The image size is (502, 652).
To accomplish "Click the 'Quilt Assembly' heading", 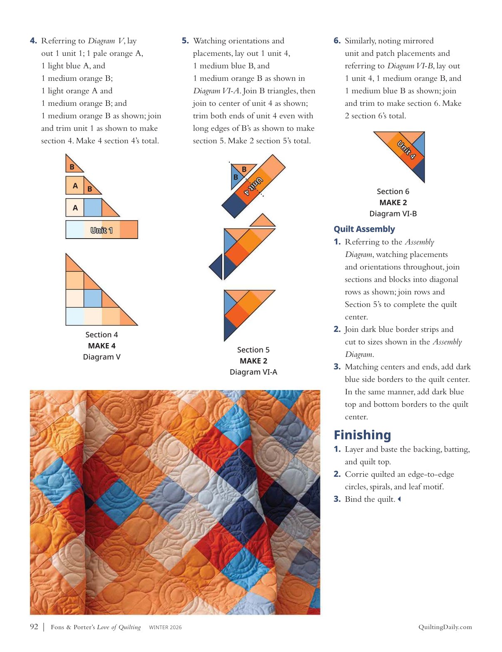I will click(x=364, y=229).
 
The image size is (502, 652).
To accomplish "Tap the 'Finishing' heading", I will click(x=362, y=435).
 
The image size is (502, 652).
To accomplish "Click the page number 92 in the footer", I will click(x=34, y=627).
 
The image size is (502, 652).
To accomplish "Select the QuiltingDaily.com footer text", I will click(x=445, y=627).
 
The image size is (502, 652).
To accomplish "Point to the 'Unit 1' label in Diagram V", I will click(x=102, y=230).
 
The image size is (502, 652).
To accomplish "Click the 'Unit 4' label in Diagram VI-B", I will click(x=406, y=150).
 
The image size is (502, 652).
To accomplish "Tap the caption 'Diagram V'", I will click(x=102, y=357).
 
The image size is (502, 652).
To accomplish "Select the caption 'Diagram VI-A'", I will click(x=253, y=372).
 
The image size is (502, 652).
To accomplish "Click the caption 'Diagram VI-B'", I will click(x=393, y=214).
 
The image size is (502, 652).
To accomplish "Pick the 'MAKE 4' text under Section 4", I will click(x=102, y=346).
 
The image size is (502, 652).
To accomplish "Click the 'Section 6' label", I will click(x=393, y=192).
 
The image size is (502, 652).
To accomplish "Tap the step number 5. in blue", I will click(x=185, y=41).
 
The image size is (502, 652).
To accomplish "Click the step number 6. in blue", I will click(x=337, y=41).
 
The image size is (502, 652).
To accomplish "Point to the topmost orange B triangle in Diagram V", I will click(x=72, y=165).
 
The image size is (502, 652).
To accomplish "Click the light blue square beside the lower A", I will click(x=92, y=207).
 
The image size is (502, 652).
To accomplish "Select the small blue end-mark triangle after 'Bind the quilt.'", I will click(x=399, y=499).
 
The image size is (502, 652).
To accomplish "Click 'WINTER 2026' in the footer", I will click(x=165, y=627).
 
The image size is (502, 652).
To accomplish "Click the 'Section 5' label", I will click(x=253, y=350).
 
